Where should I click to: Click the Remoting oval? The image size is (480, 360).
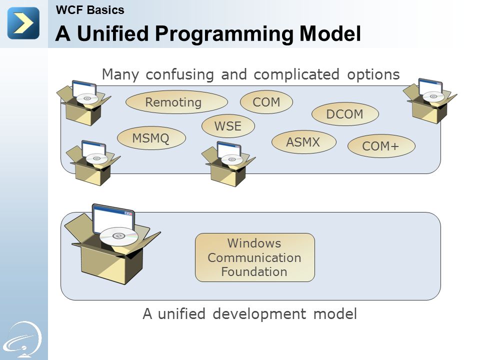click(x=176, y=102)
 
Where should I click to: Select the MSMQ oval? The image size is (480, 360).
click(x=151, y=138)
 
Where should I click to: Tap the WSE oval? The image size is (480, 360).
click(x=228, y=126)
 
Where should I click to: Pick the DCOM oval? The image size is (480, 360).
click(x=345, y=114)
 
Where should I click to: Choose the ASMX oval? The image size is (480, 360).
click(x=303, y=142)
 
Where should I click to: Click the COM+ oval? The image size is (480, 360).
click(x=381, y=146)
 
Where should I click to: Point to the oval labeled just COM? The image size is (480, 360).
click(x=266, y=102)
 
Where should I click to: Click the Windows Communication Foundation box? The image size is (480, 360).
click(x=254, y=257)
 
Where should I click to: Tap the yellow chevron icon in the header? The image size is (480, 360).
click(x=23, y=23)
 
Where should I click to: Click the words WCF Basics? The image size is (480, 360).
click(x=90, y=10)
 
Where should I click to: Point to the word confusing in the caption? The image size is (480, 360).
click(x=179, y=75)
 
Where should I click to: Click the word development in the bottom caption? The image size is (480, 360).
click(x=259, y=314)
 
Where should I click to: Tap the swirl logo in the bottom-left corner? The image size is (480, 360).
click(x=24, y=339)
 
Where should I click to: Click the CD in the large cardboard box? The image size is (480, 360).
click(x=119, y=236)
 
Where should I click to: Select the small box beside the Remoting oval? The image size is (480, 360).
click(x=83, y=103)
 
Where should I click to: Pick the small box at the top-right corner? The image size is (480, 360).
click(x=430, y=101)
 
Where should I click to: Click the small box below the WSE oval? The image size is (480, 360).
click(x=228, y=164)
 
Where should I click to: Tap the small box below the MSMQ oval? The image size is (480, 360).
click(x=93, y=163)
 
